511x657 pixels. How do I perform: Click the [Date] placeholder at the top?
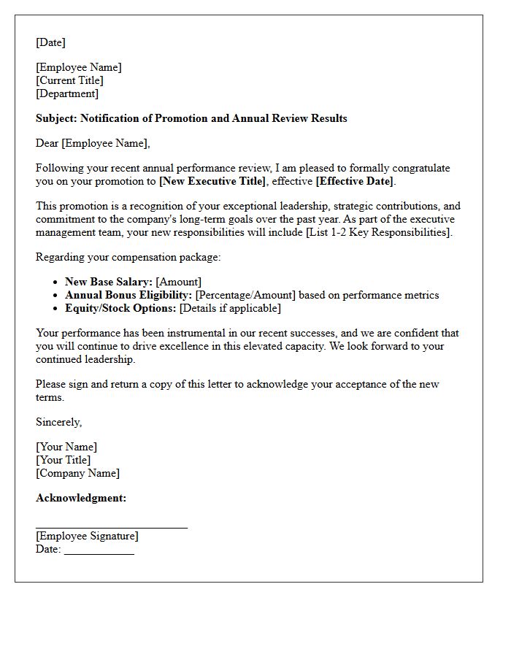[50, 42]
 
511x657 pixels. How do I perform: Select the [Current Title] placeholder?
[69, 80]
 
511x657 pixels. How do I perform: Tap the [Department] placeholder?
[67, 93]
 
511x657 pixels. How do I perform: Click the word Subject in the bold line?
[55, 118]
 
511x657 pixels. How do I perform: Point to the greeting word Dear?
[47, 143]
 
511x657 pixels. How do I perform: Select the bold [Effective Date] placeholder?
[355, 181]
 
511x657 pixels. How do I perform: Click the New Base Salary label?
[108, 282]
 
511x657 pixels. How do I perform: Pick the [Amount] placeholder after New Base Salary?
[179, 282]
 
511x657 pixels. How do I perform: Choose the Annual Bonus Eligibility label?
[128, 295]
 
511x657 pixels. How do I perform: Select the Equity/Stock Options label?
[120, 308]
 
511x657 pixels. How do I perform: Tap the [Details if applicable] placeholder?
[230, 308]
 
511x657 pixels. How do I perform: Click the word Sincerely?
[58, 422]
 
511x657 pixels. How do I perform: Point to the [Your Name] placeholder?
[66, 447]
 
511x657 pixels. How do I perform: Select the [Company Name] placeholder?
[77, 473]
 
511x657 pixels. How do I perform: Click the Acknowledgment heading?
[81, 498]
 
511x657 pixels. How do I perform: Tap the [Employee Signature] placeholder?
[87, 536]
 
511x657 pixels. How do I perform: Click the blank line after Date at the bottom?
[99, 550]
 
